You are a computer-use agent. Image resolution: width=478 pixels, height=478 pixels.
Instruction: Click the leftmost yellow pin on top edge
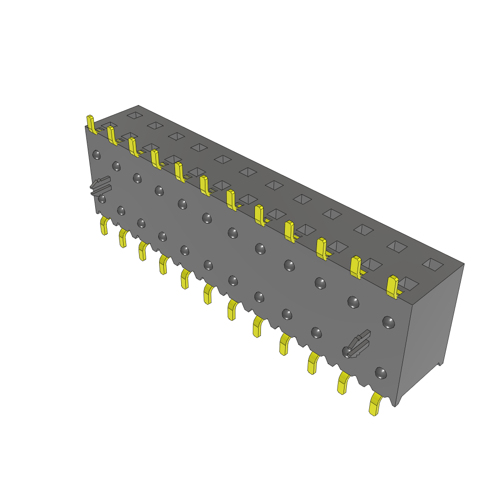(91, 125)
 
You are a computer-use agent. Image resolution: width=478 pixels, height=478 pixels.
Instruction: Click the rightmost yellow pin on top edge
(393, 286)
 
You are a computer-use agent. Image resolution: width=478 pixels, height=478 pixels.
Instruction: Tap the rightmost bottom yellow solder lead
(375, 404)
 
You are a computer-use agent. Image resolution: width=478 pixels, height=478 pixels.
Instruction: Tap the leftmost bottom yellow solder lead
(104, 226)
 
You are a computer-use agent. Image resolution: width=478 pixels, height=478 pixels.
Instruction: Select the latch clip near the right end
(358, 344)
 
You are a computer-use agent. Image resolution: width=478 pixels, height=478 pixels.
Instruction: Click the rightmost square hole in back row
(433, 264)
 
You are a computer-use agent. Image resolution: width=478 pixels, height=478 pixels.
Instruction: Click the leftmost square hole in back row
(134, 115)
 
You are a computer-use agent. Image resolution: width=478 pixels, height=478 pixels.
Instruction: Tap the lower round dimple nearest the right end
(381, 373)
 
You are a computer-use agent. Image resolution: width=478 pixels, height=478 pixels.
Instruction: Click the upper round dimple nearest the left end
(97, 154)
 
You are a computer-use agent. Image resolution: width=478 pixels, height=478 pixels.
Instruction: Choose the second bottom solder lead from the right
(344, 383)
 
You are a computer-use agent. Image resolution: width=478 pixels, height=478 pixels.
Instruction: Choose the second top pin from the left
(112, 135)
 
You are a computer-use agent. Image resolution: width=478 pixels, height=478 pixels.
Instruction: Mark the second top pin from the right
(356, 267)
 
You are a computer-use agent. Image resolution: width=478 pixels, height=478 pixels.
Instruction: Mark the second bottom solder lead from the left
(123, 238)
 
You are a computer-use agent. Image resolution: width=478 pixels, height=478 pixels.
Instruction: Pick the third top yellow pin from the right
(321, 248)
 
